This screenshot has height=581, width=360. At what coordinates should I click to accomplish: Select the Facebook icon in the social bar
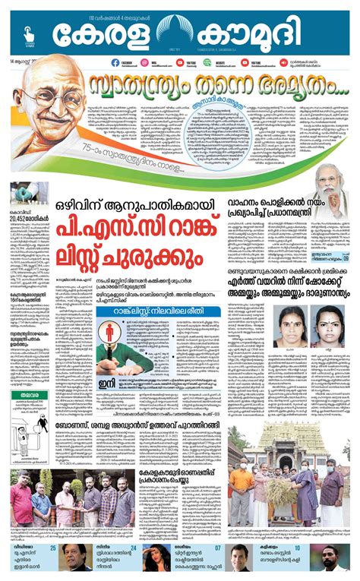click(114, 63)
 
